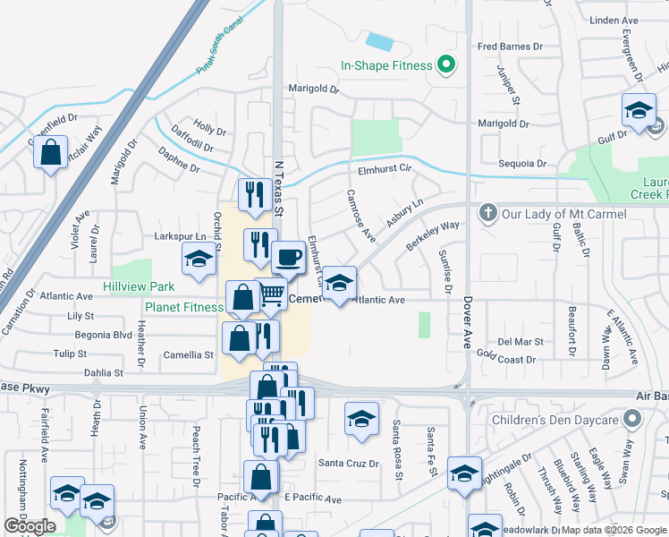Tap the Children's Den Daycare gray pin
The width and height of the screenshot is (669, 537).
point(633,419)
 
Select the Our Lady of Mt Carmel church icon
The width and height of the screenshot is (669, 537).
point(487,214)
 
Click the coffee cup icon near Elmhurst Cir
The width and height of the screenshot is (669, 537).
point(288,258)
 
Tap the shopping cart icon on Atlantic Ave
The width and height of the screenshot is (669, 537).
point(271,294)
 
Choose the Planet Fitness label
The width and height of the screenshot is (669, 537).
point(183,307)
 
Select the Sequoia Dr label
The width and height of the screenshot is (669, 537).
point(523,164)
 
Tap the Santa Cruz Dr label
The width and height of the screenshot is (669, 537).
point(350,463)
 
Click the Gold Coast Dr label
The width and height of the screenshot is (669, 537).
point(506,358)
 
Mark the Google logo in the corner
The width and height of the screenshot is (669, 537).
point(29,526)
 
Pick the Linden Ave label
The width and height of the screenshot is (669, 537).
point(614,20)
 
